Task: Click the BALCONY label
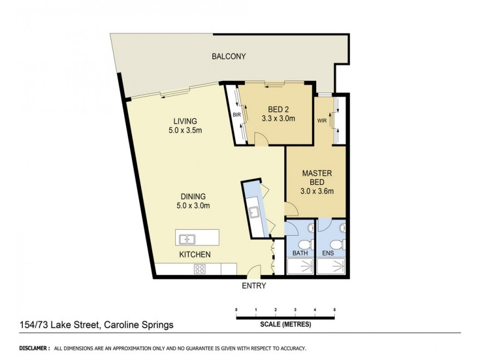tap(229, 57)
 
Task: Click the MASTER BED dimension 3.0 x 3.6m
tap(316, 191)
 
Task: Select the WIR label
tap(322, 120)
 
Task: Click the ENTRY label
tap(253, 286)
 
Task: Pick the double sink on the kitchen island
tap(187, 239)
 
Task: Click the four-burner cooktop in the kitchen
tap(200, 269)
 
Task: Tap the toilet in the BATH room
tap(305, 245)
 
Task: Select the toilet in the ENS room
tap(337, 245)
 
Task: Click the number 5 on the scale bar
tap(334, 310)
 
